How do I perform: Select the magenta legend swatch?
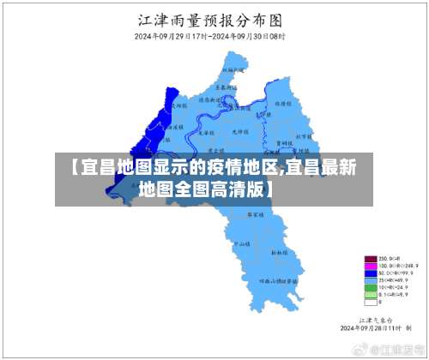coord(371,266)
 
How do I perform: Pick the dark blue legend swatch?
coord(371,273)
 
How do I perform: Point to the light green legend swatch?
coord(371,294)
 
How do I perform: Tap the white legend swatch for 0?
coord(371,301)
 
